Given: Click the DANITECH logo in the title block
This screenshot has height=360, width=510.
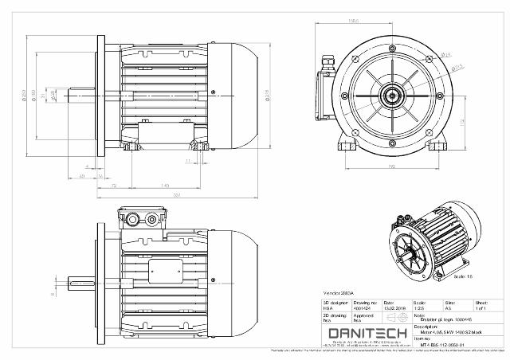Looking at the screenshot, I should pos(367,332).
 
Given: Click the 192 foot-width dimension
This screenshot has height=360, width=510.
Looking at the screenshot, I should pos(391,166).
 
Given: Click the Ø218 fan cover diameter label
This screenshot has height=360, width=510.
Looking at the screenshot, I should pos(265,96).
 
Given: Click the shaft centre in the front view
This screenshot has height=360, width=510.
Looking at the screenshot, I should pos(391,93).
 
